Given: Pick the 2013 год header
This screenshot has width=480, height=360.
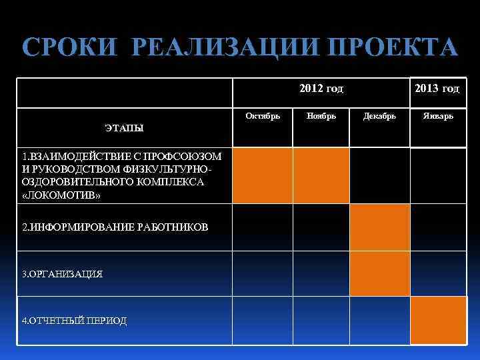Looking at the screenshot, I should click(437, 89).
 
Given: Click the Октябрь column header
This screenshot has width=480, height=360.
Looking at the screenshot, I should click(263, 116).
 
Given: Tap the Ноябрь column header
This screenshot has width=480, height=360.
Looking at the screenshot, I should click(321, 116).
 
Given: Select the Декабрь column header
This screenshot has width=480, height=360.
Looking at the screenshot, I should click(379, 116).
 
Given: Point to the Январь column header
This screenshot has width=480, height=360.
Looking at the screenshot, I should click(437, 116).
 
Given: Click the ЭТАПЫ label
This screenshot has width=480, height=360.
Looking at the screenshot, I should click(125, 127).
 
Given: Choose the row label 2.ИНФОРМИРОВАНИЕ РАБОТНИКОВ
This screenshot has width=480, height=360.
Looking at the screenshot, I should click(115, 227).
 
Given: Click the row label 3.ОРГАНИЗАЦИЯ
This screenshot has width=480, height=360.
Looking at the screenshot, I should click(63, 274).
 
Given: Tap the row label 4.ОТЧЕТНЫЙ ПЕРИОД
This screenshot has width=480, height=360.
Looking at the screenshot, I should click(74, 321).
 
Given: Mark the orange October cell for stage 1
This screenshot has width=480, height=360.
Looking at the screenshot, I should click(262, 175).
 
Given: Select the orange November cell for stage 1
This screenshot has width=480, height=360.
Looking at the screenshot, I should click(321, 175).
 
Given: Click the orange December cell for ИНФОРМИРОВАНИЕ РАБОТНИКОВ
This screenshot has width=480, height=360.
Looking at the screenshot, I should click(380, 227).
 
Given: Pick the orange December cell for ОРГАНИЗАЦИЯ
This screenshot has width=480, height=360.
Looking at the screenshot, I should click(380, 274).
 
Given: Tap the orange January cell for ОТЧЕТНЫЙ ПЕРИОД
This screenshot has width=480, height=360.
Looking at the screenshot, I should click(438, 321).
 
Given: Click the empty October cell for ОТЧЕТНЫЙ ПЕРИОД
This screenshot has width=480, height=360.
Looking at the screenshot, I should click(262, 321).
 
